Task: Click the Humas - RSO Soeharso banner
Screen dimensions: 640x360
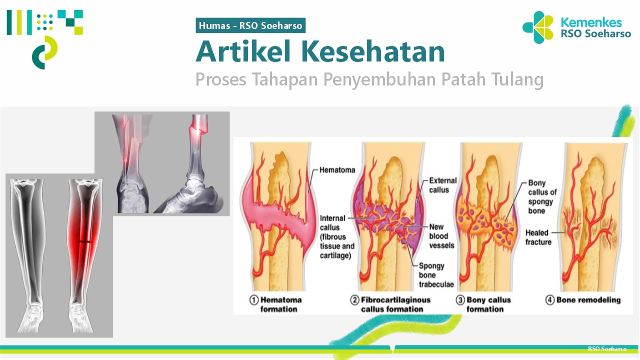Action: [250, 25]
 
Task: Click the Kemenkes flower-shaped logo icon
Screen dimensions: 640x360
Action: [538, 27]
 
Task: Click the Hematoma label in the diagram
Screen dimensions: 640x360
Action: [337, 170]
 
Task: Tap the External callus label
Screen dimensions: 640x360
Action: [442, 185]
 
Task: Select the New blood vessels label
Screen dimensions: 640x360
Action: [441, 236]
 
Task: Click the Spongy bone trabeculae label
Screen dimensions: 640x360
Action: [436, 275]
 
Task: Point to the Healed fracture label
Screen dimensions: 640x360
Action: [538, 237]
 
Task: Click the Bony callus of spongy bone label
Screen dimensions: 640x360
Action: [542, 196]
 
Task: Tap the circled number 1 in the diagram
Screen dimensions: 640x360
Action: [254, 300]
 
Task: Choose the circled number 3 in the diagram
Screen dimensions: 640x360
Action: [460, 300]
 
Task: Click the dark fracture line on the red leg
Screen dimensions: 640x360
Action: [85, 241]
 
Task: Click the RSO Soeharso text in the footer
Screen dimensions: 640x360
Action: [607, 349]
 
